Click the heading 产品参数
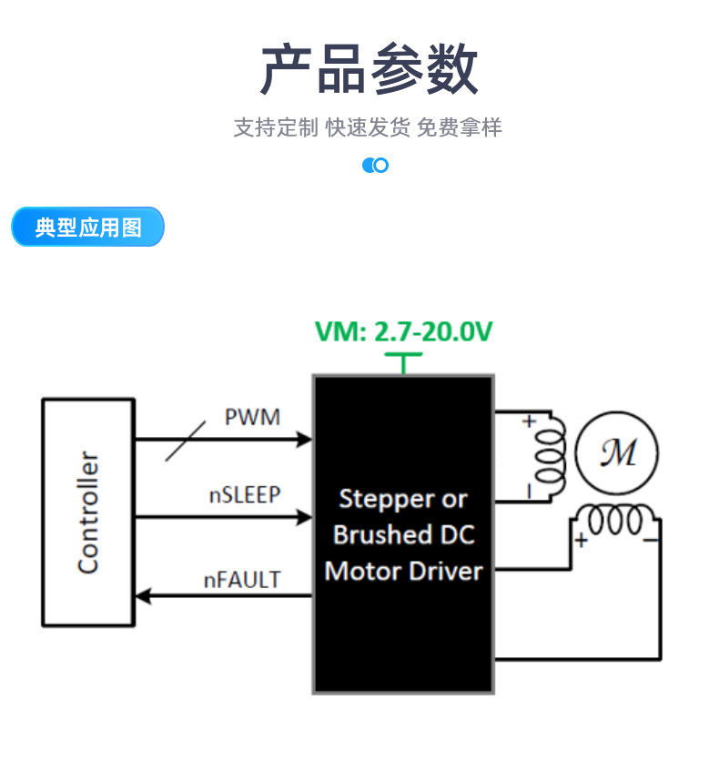pyautogui.click(x=369, y=69)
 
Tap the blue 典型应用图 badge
pyautogui.click(x=88, y=228)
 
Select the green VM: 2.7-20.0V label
pyautogui.click(x=403, y=332)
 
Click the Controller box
pyautogui.click(x=88, y=512)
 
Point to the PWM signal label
pyautogui.click(x=252, y=418)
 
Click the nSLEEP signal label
pyautogui.click(x=245, y=494)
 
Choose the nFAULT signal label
pyautogui.click(x=242, y=579)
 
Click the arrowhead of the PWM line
pyautogui.click(x=304, y=441)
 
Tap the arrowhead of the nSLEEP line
pyautogui.click(x=304, y=518)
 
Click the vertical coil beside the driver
pyautogui.click(x=551, y=455)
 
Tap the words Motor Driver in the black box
pyautogui.click(x=403, y=572)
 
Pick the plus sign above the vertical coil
pyautogui.click(x=528, y=421)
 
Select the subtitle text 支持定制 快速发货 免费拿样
pyautogui.click(x=368, y=127)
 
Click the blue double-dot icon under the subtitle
pyautogui.click(x=375, y=165)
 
